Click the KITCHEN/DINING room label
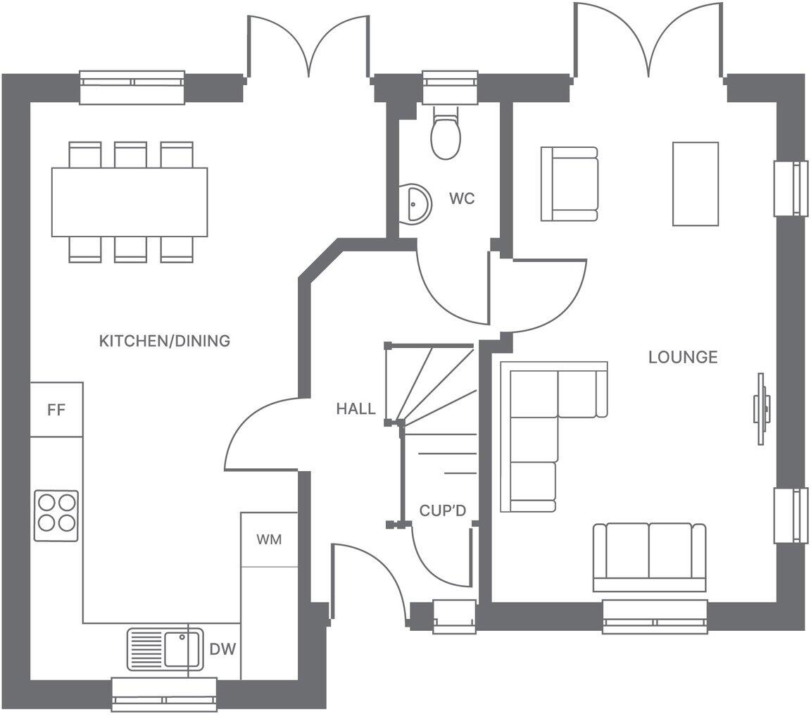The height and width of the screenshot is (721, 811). (164, 341)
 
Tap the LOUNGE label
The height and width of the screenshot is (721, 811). (682, 358)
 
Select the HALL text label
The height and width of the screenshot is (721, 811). (356, 409)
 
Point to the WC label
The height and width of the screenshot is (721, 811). (462, 199)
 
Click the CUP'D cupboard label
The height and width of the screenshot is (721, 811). (443, 511)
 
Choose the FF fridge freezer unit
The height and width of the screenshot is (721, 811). (56, 410)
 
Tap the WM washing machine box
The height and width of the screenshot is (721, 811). (268, 539)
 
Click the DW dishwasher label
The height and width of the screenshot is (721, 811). (222, 649)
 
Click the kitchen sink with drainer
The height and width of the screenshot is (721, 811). (165, 648)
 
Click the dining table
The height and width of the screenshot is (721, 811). (130, 202)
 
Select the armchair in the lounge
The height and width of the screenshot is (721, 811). (569, 184)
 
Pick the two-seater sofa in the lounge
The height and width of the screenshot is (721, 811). (649, 556)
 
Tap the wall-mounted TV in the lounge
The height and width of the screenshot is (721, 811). (761, 408)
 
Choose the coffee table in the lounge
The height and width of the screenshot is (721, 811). (695, 184)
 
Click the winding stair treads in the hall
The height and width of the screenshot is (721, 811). (429, 384)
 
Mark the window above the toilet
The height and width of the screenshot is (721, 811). (450, 88)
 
